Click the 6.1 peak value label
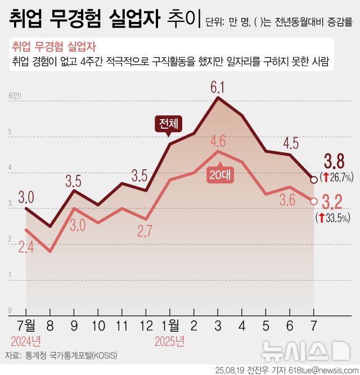[x=218, y=88]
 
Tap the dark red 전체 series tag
[x=168, y=123]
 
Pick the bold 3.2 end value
[x=334, y=202]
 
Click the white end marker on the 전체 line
[x=313, y=180]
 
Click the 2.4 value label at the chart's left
[x=26, y=247]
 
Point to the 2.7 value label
[x=146, y=231]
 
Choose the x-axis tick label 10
[x=98, y=325]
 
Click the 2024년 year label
[x=26, y=341]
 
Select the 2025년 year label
[x=170, y=341]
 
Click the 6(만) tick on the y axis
[x=14, y=96]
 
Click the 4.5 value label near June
[x=290, y=143]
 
